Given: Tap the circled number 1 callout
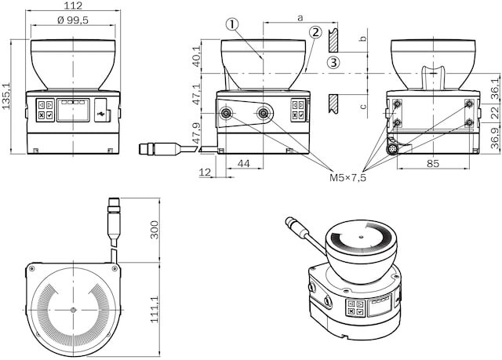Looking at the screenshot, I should (x=231, y=24).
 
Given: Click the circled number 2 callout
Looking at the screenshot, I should (x=315, y=33).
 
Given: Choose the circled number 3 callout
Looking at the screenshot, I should (x=333, y=63).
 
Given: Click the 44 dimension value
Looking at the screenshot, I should (x=244, y=162).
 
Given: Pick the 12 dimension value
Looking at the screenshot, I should (x=206, y=172).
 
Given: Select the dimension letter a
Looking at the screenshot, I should (x=300, y=16).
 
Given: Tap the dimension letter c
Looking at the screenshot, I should (x=363, y=107).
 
